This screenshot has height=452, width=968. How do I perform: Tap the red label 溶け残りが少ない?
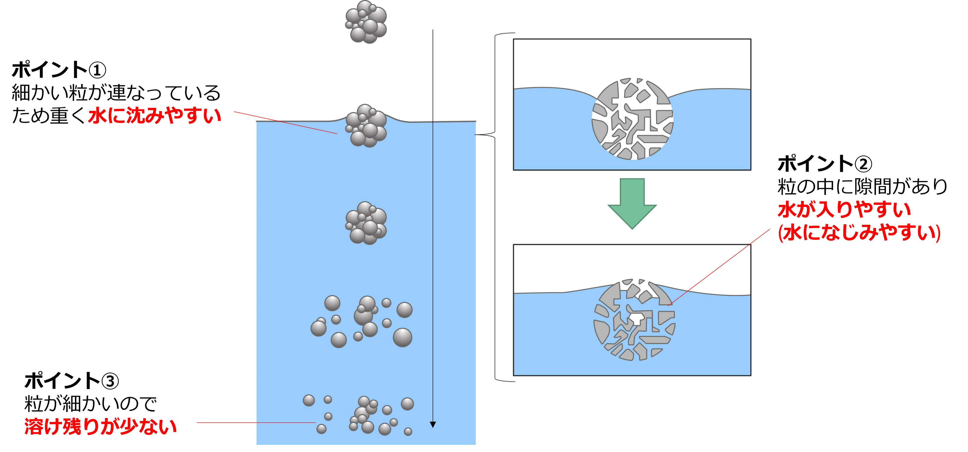[x=100, y=426]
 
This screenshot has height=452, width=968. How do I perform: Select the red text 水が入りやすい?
[x=844, y=210]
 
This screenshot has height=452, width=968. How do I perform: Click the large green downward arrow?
[x=632, y=203]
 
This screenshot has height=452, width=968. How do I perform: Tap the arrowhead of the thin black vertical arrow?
[x=433, y=424]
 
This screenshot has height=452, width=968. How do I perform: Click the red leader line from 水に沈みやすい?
[x=286, y=122]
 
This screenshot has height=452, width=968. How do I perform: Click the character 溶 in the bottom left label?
[x=33, y=426]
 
